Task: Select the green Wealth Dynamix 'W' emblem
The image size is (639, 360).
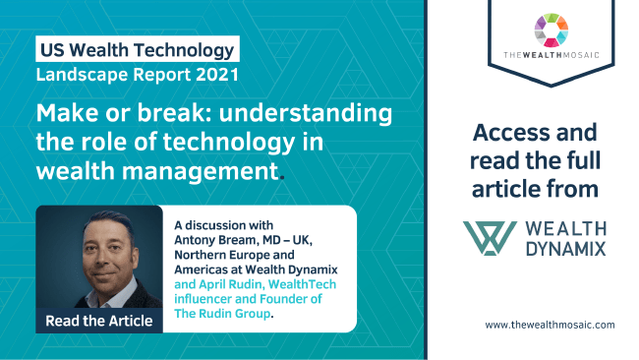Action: pos(490,238)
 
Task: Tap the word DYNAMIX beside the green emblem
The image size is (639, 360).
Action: pos(564,250)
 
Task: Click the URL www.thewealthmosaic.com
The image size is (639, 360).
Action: pos(550,325)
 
